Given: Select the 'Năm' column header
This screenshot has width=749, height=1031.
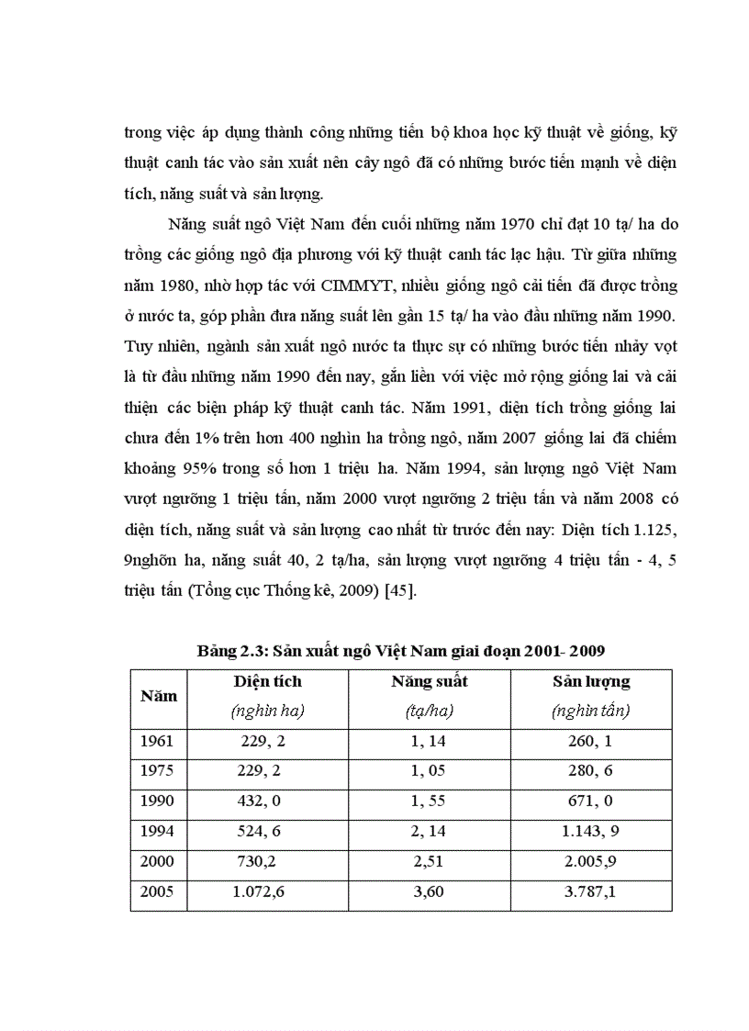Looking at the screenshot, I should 159,696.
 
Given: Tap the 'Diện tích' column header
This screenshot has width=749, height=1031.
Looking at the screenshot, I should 267,682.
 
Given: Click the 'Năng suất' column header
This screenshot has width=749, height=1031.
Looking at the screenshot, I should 430,682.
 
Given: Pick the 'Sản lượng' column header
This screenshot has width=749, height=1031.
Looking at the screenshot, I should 591,682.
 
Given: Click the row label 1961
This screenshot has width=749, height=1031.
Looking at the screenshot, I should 157,741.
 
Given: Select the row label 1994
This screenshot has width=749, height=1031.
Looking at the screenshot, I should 157,832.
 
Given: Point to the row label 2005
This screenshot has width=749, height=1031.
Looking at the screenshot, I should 157,892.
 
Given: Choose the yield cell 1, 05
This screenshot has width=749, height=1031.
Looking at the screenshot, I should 430,771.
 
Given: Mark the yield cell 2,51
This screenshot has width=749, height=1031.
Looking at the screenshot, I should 430,862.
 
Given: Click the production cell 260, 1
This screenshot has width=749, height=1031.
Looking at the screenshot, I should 591,741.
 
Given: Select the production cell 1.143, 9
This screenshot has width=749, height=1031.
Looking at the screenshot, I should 591,832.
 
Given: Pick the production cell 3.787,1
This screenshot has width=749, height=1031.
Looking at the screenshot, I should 591,892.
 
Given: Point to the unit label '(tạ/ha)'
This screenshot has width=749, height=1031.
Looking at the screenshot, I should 430,711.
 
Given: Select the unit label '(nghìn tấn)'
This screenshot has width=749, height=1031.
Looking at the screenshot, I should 591,711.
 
